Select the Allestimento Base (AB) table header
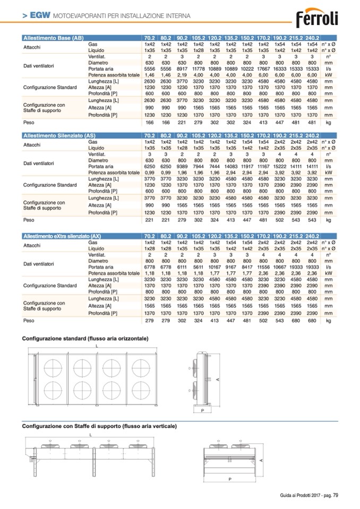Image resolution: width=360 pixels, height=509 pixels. tap(53, 38)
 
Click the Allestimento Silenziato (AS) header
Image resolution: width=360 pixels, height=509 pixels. tap(59, 136)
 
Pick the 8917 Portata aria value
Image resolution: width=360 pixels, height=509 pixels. tap(182, 69)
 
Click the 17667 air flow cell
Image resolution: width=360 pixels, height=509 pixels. tap(263, 69)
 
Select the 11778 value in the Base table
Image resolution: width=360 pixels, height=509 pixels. tap(198, 69)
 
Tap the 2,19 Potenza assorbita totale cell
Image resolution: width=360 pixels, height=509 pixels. tap(182, 75)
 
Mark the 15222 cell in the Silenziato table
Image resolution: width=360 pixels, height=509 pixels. tap(280, 167)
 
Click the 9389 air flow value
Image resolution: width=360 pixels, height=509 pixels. tap(182, 167)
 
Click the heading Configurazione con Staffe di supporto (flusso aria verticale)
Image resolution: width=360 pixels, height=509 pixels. tap(99, 426)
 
